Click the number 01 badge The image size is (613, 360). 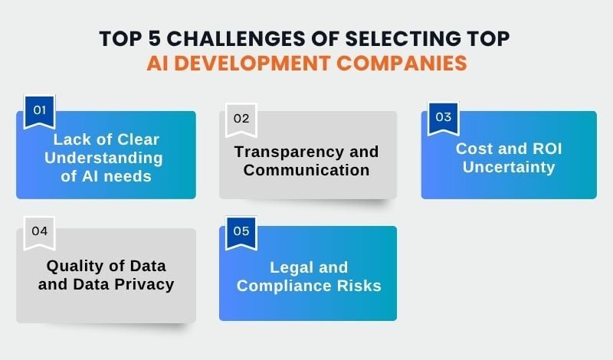click(38, 110)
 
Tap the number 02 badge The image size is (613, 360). click(241, 118)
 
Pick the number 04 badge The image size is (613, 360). click(39, 232)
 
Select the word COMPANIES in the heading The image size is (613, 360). click(408, 62)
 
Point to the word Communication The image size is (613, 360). click(306, 169)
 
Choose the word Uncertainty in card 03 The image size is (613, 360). click(508, 166)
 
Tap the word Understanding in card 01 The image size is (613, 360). click(107, 159)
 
